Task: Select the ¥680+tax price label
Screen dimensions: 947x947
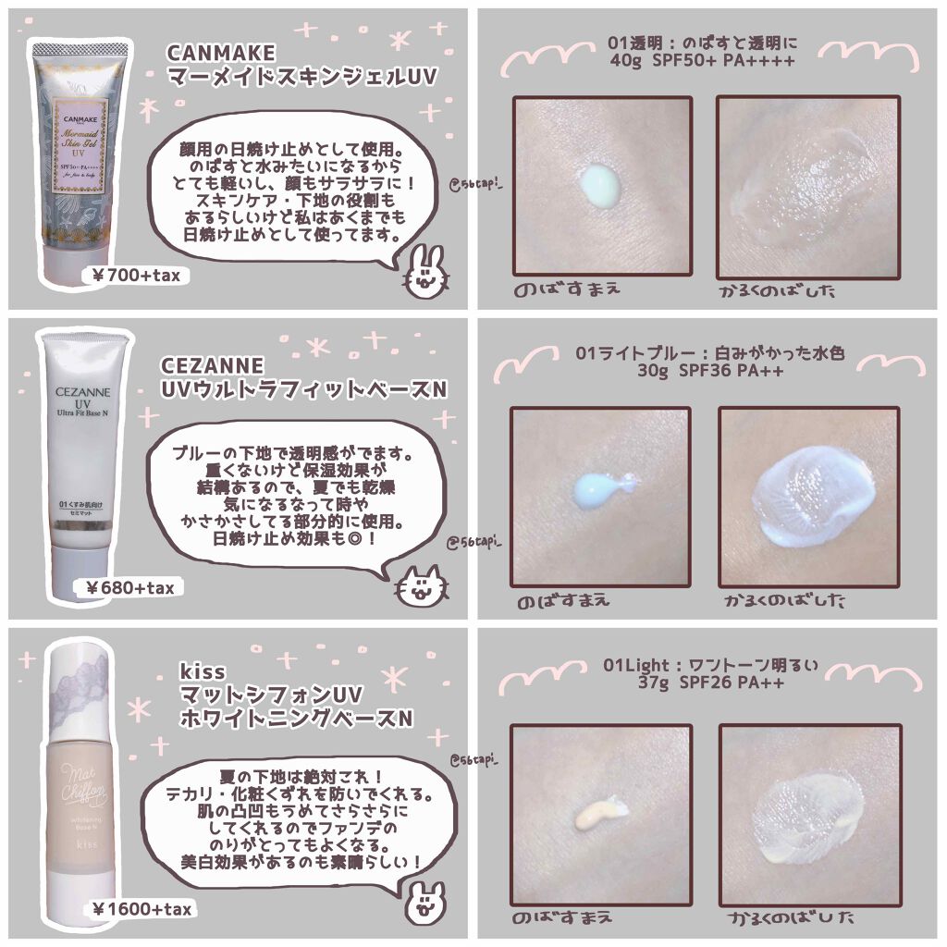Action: click(x=129, y=586)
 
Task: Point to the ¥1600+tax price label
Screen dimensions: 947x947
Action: click(x=142, y=910)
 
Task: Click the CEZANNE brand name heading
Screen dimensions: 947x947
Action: click(x=212, y=366)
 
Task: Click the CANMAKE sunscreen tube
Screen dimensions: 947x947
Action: click(x=91, y=148)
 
